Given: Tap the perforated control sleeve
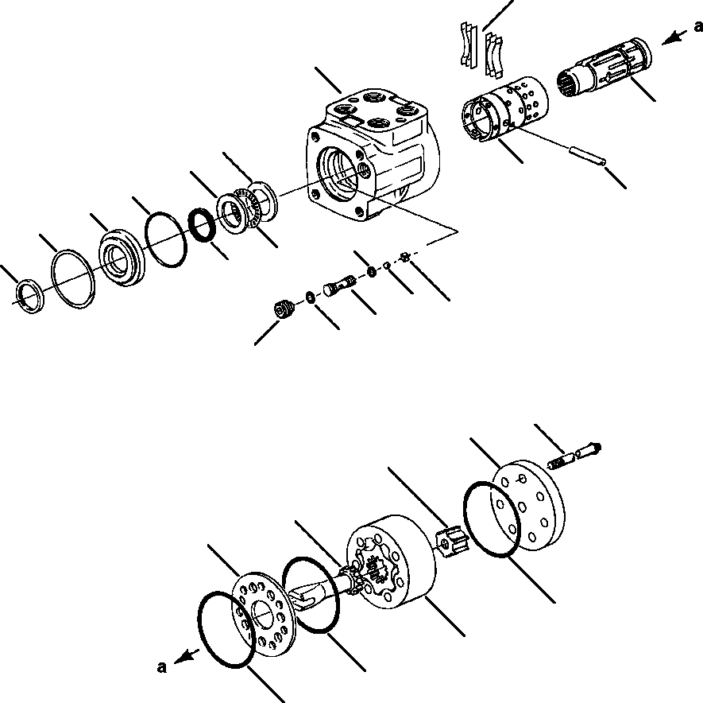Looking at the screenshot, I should [504, 111].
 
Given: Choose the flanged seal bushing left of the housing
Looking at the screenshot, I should [124, 257].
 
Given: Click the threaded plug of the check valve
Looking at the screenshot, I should [283, 309].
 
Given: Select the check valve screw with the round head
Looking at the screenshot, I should [338, 285].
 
